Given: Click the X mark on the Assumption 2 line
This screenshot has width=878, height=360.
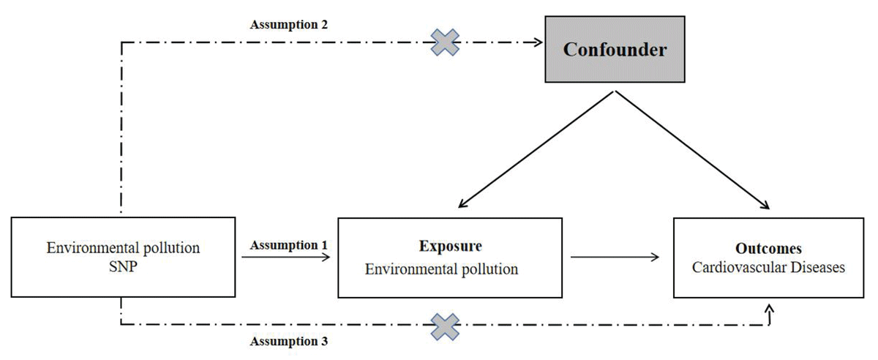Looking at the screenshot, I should (x=444, y=42).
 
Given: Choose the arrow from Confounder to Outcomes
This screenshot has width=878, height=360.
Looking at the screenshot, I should (x=691, y=150).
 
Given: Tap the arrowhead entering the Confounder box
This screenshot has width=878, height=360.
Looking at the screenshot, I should (x=541, y=42).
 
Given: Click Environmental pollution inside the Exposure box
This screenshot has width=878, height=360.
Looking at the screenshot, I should (x=441, y=269).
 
